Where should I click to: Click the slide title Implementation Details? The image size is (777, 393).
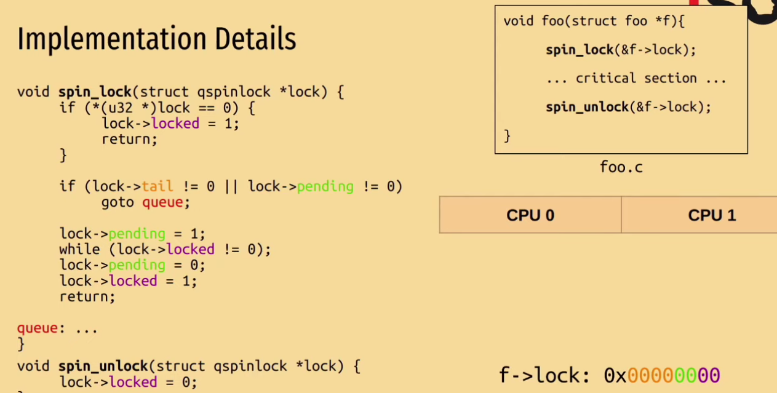[x=156, y=39]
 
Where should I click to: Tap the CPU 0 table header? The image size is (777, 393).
[x=530, y=215]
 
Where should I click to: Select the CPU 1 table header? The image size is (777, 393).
[x=711, y=215]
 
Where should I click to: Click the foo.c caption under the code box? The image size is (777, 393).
[x=621, y=167]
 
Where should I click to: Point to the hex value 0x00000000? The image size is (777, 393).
[x=661, y=375]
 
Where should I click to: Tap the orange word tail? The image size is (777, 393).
[x=157, y=186]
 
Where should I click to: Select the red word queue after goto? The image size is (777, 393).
[x=162, y=202]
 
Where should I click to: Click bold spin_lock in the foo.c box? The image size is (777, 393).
[x=579, y=50]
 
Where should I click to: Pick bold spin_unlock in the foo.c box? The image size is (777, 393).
[x=587, y=107]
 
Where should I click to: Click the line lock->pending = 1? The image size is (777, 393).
[x=132, y=234]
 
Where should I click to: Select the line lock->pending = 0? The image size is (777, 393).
[x=132, y=265]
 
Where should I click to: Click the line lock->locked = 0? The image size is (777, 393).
[x=128, y=382]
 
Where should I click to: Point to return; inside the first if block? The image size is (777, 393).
[x=129, y=139]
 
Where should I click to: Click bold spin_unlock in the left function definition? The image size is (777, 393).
[x=103, y=366]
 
